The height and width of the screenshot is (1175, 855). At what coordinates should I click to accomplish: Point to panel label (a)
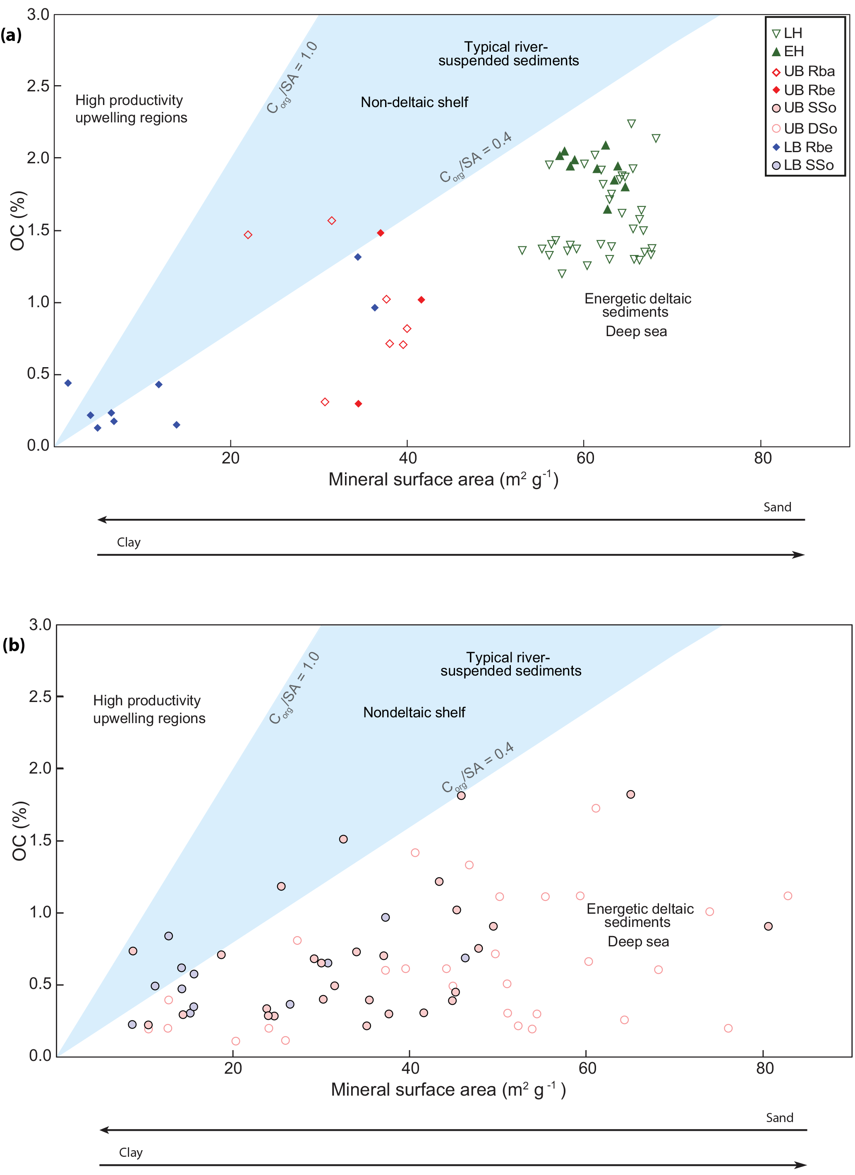pos(11,35)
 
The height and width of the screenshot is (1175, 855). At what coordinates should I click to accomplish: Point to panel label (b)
pos(14,645)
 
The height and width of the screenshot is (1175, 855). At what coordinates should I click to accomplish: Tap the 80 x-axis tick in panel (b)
pos(764,1068)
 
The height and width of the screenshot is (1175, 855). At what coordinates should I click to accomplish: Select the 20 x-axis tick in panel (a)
pos(230,458)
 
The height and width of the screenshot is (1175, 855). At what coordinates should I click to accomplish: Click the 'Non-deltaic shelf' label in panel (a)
pos(414,102)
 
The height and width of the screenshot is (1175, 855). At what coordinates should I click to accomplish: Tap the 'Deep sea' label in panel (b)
pos(638,941)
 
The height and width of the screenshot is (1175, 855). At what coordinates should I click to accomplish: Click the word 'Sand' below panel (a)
pos(777,507)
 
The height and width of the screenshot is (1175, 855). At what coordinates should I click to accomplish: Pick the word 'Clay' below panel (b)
pos(131,1152)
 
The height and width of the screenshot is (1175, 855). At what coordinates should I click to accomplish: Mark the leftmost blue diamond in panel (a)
pos(68,383)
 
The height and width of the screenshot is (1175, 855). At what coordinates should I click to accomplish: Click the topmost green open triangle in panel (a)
pos(631,124)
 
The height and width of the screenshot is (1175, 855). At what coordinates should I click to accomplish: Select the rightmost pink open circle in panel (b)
pos(788,896)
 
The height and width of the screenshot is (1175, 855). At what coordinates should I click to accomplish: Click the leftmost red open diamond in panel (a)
pos(248,235)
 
